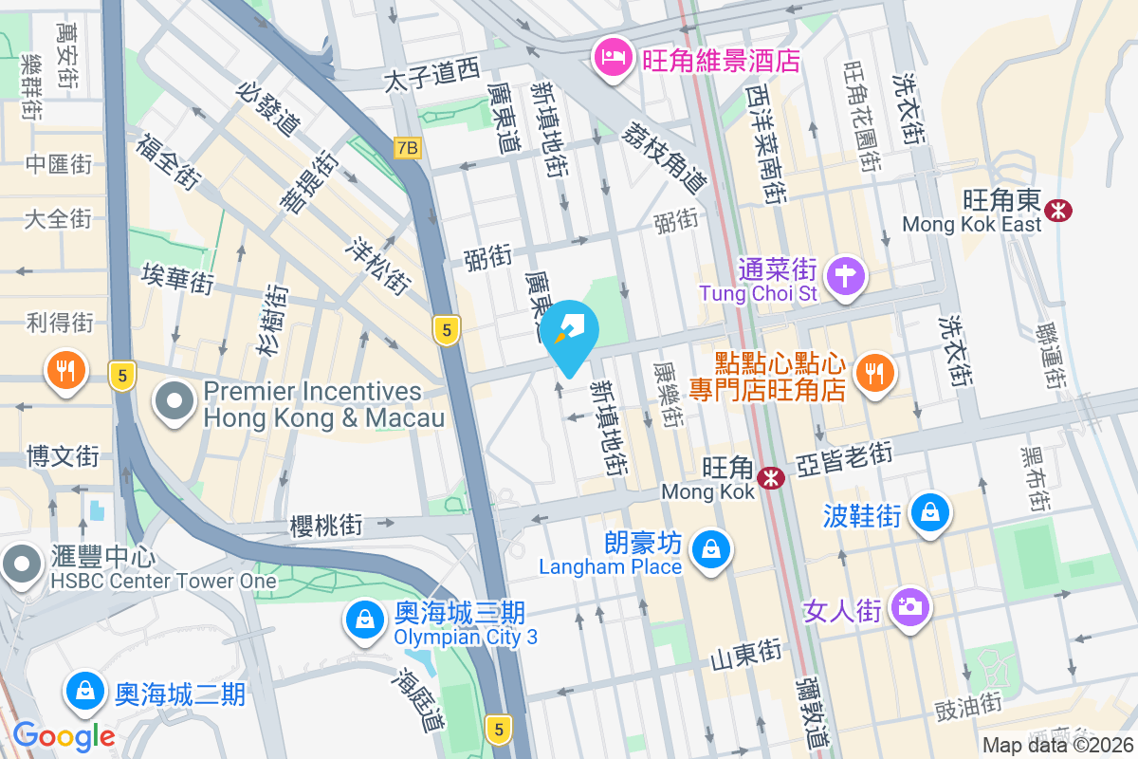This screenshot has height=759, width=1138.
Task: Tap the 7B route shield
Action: click(x=407, y=148)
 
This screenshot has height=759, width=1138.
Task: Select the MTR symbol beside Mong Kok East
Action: click(x=1056, y=208)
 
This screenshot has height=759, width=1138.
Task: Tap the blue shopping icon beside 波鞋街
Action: click(x=930, y=512)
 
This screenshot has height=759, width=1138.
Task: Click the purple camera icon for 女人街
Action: click(x=909, y=605)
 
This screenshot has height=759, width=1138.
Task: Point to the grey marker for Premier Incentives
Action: click(x=174, y=403)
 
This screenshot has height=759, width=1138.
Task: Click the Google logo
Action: click(x=64, y=735)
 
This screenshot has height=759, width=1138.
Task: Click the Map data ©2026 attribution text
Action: click(x=1057, y=746)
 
